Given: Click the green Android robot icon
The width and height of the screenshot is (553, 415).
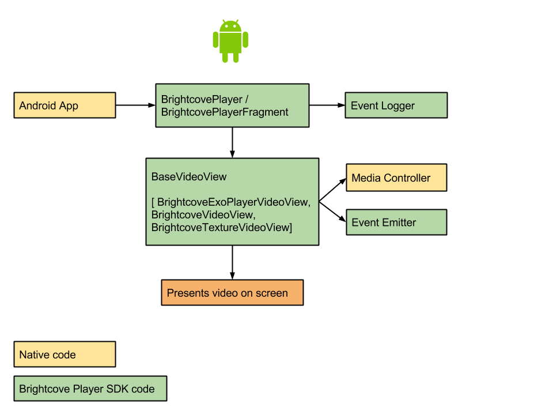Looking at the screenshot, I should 230,41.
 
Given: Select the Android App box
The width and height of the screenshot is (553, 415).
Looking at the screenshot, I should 65,105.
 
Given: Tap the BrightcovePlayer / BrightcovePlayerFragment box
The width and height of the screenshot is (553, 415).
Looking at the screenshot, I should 232,105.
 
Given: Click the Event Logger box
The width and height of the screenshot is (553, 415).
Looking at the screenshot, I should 396,105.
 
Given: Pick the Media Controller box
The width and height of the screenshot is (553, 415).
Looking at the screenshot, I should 396,178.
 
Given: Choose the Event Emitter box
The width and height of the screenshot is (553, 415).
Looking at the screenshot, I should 396,222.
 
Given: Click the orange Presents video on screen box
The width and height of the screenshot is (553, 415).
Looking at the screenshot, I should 232,293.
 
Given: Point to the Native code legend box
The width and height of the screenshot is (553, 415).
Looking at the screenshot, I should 65,354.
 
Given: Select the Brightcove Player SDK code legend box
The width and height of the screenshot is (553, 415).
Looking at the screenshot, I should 90,388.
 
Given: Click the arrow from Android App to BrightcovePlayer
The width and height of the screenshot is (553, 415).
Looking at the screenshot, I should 135,105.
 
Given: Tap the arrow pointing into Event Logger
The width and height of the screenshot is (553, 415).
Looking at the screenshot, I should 327,105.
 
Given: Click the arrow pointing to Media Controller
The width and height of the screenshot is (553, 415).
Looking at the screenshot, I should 334,190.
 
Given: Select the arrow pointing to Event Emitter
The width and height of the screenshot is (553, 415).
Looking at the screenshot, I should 334,212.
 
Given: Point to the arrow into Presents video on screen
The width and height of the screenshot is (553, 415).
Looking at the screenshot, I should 232,262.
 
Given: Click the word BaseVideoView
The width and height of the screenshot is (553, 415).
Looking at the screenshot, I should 189,177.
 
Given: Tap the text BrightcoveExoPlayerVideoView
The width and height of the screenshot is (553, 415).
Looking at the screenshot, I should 234,202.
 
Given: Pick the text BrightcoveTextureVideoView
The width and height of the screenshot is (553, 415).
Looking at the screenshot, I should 219,228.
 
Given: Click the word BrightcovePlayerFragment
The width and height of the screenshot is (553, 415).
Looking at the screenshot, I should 225,112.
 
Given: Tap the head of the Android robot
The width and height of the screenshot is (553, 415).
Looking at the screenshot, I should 230,26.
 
